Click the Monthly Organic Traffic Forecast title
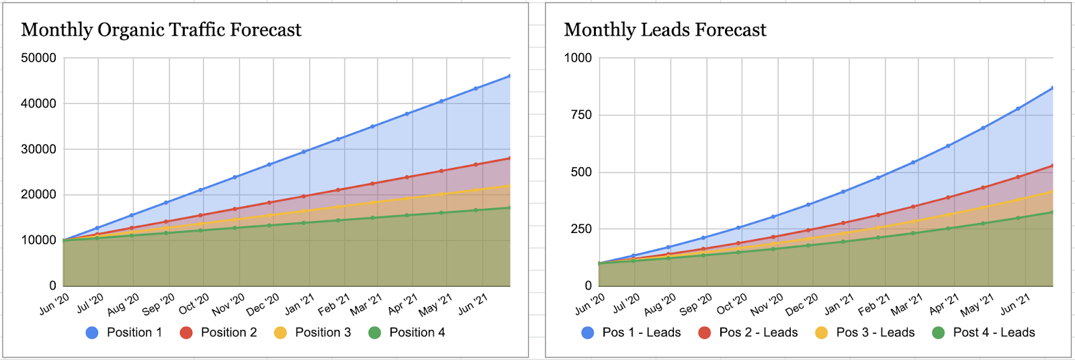click(x=161, y=30)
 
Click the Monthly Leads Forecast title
click(x=665, y=30)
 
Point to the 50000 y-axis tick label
click(x=38, y=58)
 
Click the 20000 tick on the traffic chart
click(x=38, y=195)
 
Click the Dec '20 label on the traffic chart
click(x=263, y=304)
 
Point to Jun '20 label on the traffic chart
click(x=54, y=304)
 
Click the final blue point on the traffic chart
click(x=510, y=76)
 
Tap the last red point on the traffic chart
click(x=510, y=159)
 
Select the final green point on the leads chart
click(x=1052, y=212)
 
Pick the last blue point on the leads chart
click(x=1052, y=87)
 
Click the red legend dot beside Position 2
click(x=186, y=332)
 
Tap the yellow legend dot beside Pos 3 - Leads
click(x=821, y=332)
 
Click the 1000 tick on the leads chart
click(x=578, y=58)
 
